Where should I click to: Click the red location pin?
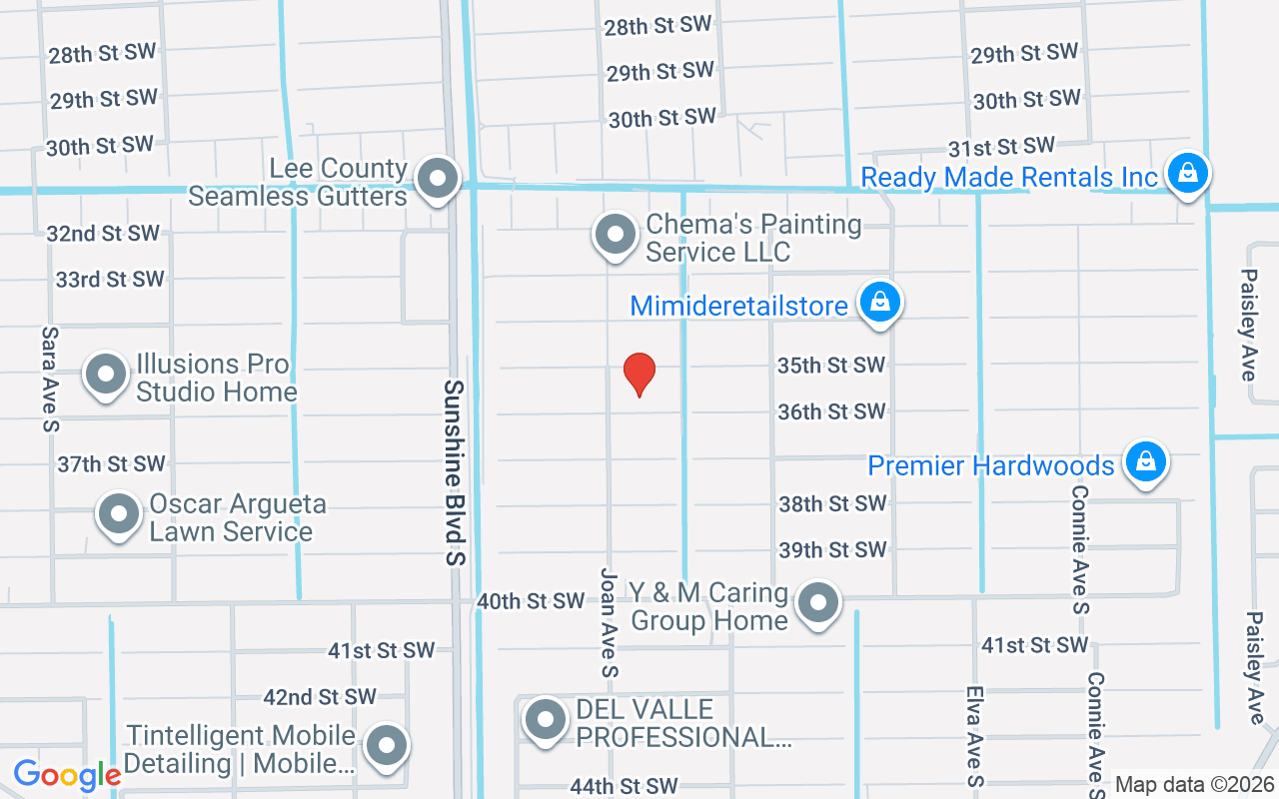point(639,375)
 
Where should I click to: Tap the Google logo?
point(67,775)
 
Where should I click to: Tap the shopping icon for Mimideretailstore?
point(880,301)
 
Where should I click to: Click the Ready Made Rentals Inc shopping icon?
point(1188,174)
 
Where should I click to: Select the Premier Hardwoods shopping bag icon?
point(1146,461)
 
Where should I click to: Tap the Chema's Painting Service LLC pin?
point(616,236)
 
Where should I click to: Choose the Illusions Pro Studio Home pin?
point(106,376)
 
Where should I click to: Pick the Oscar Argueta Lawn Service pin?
point(119,515)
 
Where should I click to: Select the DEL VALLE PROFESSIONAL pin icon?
point(546,719)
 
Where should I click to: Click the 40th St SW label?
point(531,601)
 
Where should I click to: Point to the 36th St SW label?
point(831,411)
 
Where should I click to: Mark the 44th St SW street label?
point(624,787)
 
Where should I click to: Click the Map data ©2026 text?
point(1193,785)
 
